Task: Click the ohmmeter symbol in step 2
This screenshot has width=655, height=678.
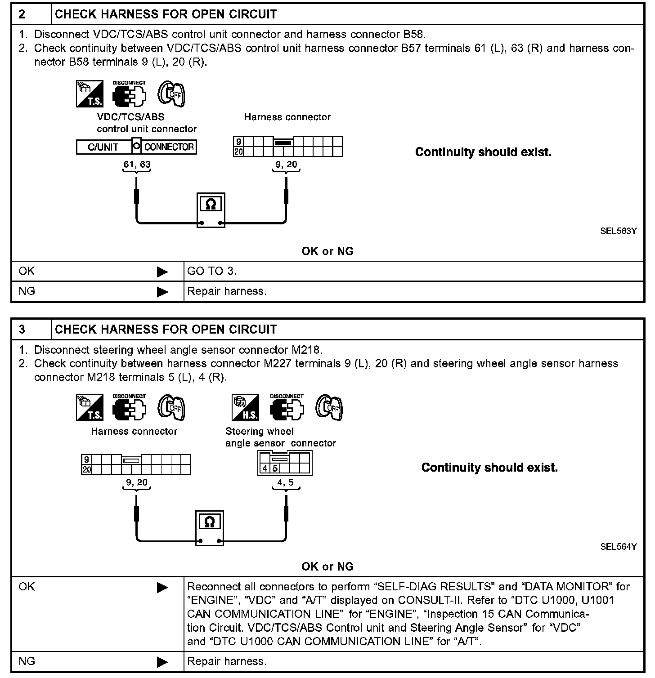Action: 211,210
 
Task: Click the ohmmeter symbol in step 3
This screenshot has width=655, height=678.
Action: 210,527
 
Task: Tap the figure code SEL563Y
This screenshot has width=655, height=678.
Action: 618,231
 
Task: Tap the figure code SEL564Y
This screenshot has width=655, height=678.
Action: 618,547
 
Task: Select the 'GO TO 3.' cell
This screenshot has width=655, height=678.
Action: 212,271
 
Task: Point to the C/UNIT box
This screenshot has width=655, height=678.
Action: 103,147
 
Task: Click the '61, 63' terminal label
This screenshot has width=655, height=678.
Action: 137,165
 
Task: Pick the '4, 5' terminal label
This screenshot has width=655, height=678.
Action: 286,482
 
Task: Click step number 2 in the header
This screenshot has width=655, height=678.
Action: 22,14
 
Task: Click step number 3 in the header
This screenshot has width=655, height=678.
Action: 22,330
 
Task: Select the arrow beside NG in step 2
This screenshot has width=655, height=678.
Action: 162,292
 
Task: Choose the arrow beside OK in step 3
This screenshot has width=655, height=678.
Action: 162,587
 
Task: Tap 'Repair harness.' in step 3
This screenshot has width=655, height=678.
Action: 227,661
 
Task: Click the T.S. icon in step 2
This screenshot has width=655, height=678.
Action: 90,94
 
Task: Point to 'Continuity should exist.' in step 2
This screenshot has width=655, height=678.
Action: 483,152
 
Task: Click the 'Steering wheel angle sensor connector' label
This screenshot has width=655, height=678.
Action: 280,437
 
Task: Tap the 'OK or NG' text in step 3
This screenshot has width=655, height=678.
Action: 327,566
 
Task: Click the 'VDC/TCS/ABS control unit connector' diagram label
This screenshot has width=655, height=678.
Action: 147,123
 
